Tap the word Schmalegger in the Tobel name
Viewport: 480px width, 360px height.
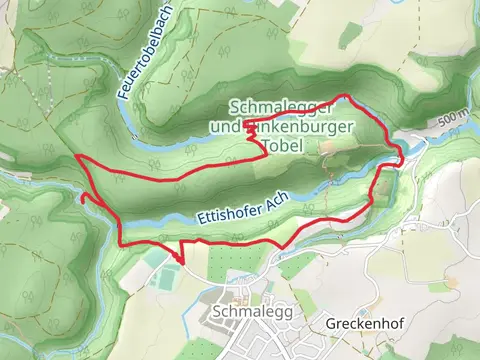tap(272, 107)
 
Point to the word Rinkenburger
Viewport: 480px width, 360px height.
tap(282, 127)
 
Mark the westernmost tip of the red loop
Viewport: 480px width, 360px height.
tap(77, 157)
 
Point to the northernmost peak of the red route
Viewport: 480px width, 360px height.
tap(345, 96)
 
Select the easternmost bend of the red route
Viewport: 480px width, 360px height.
tap(401, 157)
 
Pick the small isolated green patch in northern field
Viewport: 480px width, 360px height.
tap(349, 36)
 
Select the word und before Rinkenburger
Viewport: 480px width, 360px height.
tap(225, 127)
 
